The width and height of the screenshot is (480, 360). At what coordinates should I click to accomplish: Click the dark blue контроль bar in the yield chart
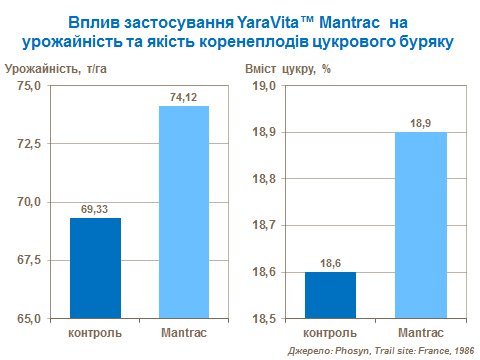tap(95, 267)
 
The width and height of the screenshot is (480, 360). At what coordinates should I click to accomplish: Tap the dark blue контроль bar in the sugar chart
tap(330, 295)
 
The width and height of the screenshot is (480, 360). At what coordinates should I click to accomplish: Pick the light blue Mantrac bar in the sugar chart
tap(420, 225)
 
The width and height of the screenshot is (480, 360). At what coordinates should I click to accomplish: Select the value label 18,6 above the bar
tap(330, 263)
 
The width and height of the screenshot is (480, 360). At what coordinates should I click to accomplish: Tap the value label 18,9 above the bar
tap(420, 123)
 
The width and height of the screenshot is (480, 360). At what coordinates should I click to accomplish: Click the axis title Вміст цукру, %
tap(288, 68)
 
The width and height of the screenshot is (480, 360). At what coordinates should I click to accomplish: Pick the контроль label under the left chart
tap(95, 332)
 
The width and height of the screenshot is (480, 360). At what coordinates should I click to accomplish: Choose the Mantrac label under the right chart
tap(420, 332)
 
